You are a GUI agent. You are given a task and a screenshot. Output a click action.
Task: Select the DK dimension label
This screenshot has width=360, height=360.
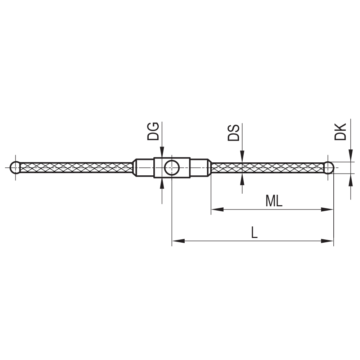coord(340,131)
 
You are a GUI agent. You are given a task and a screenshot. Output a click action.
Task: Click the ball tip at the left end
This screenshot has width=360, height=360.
coord(15,167)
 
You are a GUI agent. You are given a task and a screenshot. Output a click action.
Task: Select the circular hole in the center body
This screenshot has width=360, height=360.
coord(172,167)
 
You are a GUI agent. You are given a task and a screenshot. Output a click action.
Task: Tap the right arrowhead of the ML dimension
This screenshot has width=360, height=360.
coord(328,209)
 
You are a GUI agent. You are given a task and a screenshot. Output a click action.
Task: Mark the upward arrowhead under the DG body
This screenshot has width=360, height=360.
coord(162,183)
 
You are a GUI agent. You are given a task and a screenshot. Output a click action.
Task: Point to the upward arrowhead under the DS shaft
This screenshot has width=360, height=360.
coord(242,179)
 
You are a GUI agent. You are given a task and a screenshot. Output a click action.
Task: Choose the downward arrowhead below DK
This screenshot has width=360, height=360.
coord(350,156)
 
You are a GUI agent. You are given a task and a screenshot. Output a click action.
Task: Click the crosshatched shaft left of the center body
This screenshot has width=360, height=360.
coord(76,167)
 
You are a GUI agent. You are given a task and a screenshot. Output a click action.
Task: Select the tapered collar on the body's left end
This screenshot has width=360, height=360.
coord(135,167)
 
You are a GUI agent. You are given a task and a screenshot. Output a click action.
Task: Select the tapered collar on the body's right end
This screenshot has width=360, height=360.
coord(209,167)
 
